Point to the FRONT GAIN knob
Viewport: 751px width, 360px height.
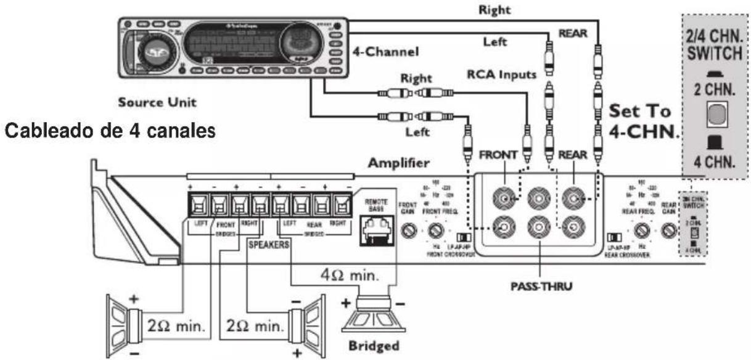[x=407, y=231]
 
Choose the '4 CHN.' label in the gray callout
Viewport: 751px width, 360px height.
[x=715, y=164]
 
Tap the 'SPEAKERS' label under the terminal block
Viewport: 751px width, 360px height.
[x=269, y=243]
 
